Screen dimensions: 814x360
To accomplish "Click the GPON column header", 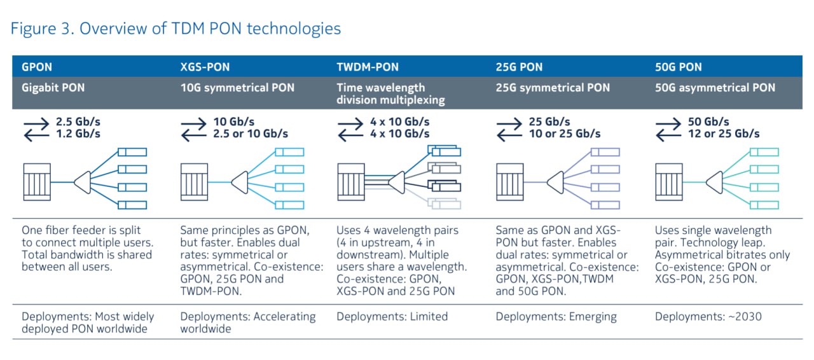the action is pos(37,67).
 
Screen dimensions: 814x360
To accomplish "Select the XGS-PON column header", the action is pos(205,67).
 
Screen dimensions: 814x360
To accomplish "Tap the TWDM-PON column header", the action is pos(368,67).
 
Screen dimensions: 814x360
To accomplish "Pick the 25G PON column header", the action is pos(519,67).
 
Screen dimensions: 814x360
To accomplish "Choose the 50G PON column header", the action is pos(678,67).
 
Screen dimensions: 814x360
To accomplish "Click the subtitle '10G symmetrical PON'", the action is pos(237,88).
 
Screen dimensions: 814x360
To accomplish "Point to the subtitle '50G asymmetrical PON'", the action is pos(715,88).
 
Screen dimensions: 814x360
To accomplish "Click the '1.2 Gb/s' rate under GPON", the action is pos(78,134).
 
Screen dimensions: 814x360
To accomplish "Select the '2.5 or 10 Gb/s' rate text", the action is pos(251,134).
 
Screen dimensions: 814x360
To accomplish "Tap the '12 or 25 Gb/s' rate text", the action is pos(724,134).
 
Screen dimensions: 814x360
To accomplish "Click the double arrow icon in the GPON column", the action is pos(36,130).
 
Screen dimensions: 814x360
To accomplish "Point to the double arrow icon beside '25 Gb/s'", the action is pos(509,130).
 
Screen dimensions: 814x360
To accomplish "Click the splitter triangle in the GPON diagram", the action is pos(83,182).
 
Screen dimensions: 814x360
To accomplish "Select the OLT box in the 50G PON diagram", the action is pos(669,182).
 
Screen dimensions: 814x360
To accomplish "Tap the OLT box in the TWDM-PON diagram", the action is pos(351,182).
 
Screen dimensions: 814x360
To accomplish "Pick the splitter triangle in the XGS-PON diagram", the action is pos(240,182).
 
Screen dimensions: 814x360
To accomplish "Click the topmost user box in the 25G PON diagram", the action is pos(605,152).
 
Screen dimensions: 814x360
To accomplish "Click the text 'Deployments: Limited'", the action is pos(392,317).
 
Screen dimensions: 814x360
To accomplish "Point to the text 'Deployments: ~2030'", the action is pos(708,317).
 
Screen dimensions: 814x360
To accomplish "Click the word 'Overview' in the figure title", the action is pos(113,29).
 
